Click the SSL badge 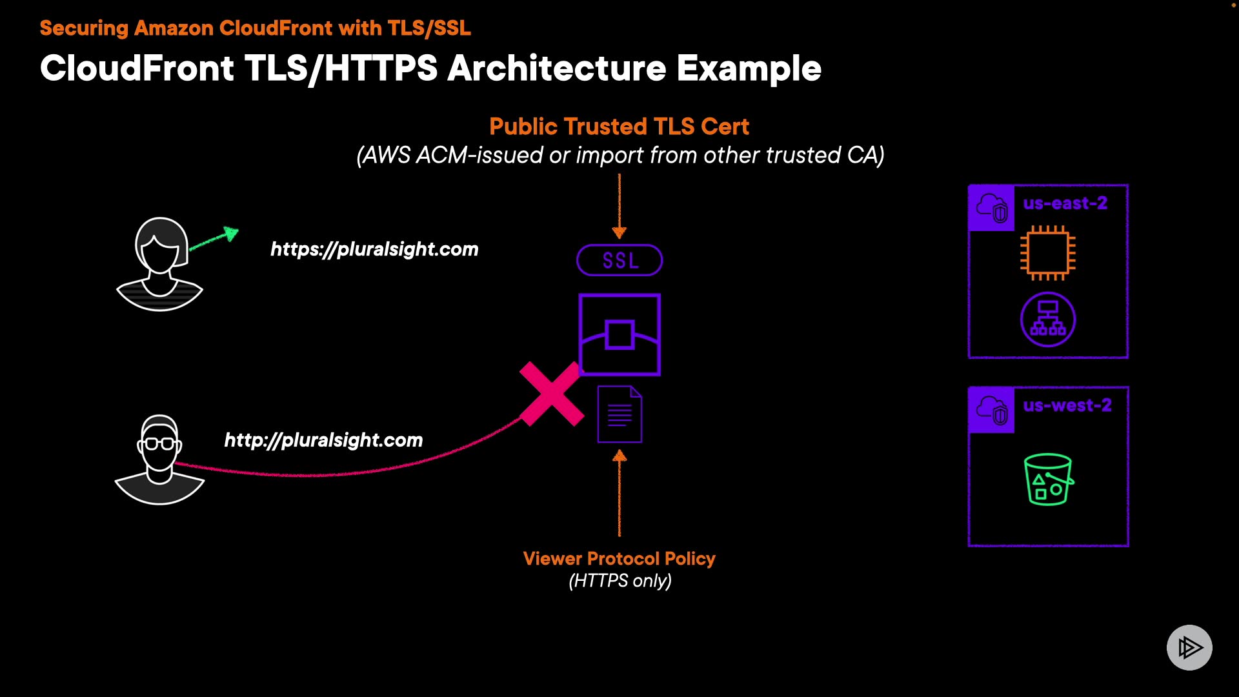pyautogui.click(x=619, y=260)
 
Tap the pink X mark pyautogui.click(x=552, y=394)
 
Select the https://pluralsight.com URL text pyautogui.click(x=374, y=249)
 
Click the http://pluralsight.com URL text pyautogui.click(x=323, y=440)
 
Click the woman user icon pyautogui.click(x=160, y=265)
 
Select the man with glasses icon pyautogui.click(x=159, y=460)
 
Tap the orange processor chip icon pyautogui.click(x=1047, y=253)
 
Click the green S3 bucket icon pyautogui.click(x=1048, y=480)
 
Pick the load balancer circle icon pyautogui.click(x=1047, y=319)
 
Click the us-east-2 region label pyautogui.click(x=1065, y=203)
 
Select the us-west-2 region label pyautogui.click(x=1067, y=405)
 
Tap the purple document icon pyautogui.click(x=619, y=414)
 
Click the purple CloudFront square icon pyautogui.click(x=619, y=334)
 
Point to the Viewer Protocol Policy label pyautogui.click(x=619, y=558)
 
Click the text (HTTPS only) pyautogui.click(x=619, y=581)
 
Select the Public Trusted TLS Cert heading pyautogui.click(x=619, y=126)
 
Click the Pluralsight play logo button pyautogui.click(x=1189, y=647)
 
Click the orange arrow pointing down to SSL pyautogui.click(x=619, y=207)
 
